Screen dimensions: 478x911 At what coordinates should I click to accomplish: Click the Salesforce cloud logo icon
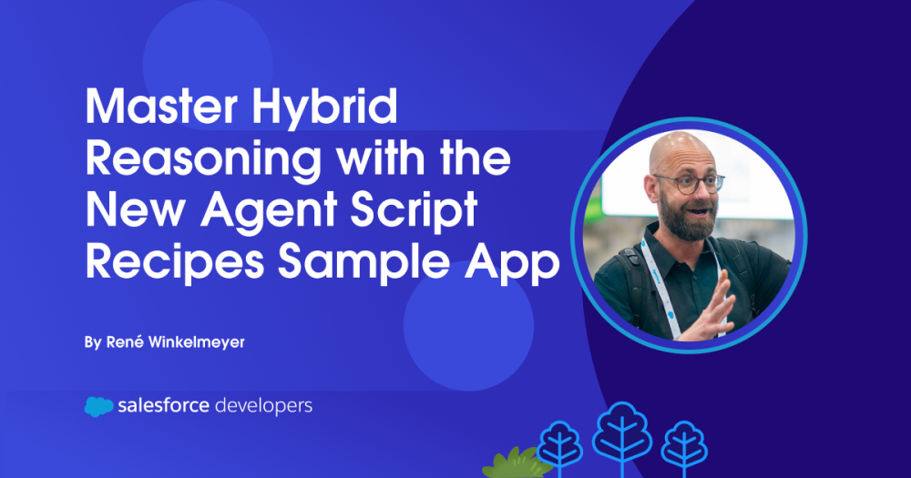(x=98, y=406)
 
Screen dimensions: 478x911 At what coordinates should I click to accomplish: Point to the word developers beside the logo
(x=263, y=405)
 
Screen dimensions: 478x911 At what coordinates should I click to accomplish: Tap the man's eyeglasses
(x=688, y=182)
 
